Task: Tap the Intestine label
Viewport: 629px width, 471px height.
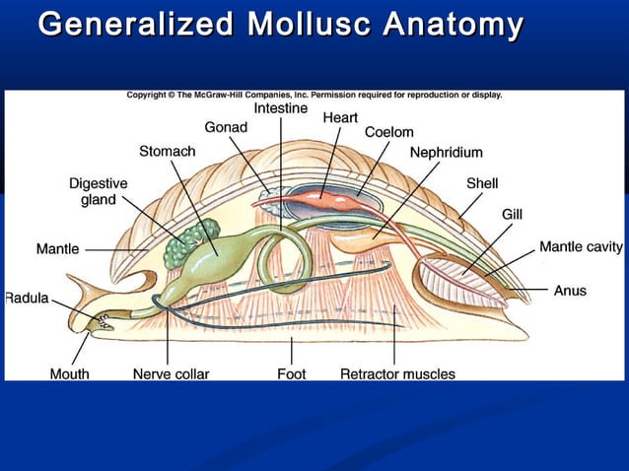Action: (280, 107)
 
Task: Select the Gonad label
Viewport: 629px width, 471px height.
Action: (226, 127)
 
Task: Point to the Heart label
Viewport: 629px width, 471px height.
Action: (340, 117)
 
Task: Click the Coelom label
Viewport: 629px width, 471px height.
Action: (388, 132)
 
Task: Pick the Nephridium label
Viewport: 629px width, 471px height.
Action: (446, 152)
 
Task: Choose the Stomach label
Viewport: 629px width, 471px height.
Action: (167, 151)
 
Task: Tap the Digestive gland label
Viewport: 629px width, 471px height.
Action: (98, 191)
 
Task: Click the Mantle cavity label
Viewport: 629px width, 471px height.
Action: (581, 246)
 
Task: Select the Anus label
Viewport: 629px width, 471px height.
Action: (570, 291)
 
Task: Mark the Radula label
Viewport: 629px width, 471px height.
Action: (27, 298)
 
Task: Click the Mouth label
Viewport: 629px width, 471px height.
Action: (69, 373)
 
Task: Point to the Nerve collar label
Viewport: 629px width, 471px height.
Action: (171, 373)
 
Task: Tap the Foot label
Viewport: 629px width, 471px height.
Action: (291, 373)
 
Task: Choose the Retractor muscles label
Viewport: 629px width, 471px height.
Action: (397, 373)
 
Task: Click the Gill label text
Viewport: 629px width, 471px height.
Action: (512, 214)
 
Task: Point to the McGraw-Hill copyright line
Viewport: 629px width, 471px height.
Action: (314, 96)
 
